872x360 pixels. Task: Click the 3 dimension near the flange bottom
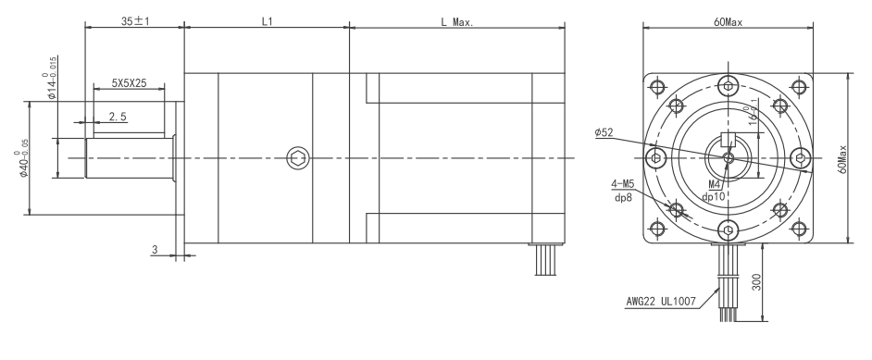154,249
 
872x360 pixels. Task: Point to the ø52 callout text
605,132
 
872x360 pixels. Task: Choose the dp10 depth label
715,196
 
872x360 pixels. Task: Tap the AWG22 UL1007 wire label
656,301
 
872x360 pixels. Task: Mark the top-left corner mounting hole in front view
657,88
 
